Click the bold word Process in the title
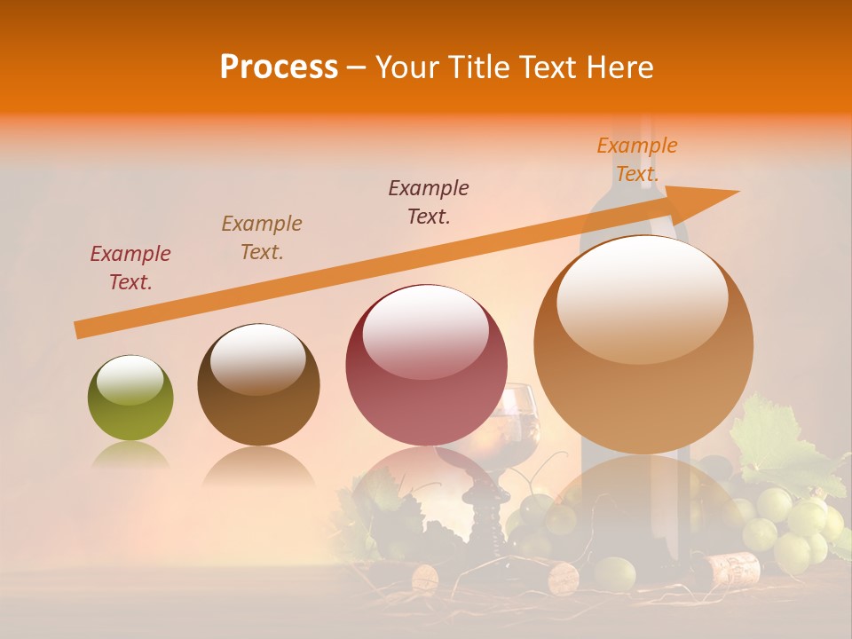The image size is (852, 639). [279, 67]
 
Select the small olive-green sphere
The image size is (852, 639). [130, 398]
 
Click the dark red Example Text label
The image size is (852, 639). [130, 268]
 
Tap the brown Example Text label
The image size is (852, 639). [262, 238]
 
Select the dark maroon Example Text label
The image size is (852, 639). [429, 202]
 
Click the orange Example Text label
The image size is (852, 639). [636, 160]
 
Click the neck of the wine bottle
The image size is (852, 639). [633, 169]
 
